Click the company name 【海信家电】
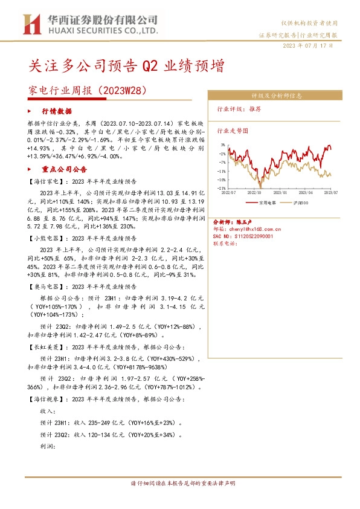[46, 181]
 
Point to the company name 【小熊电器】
[46, 238]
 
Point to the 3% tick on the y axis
[223, 145]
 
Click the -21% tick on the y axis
[222, 188]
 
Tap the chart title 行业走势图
[233, 130]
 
